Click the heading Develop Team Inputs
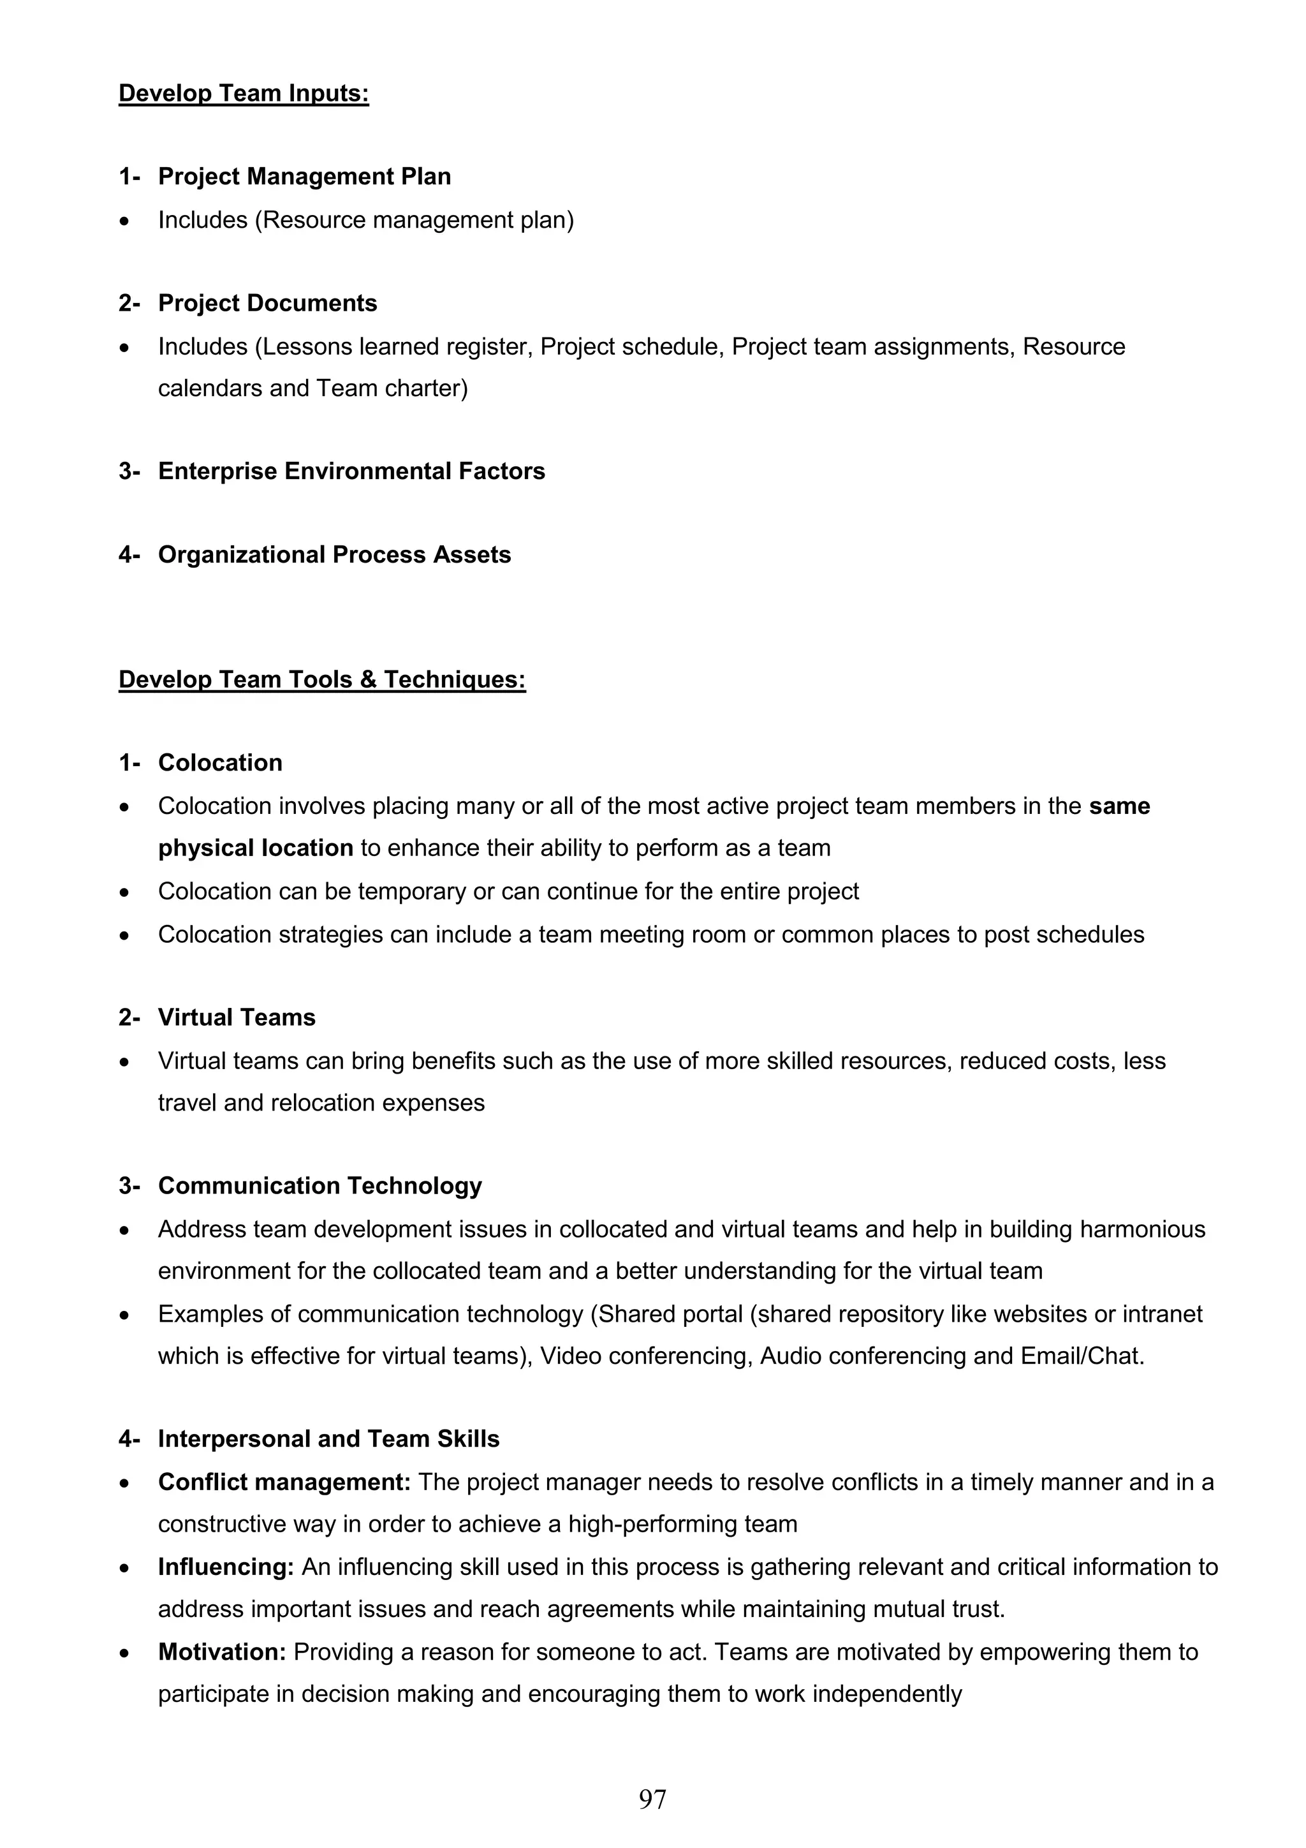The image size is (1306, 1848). click(x=243, y=93)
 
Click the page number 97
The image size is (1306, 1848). click(x=652, y=1799)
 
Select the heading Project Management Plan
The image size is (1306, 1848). click(x=304, y=176)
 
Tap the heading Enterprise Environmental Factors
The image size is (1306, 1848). click(x=351, y=471)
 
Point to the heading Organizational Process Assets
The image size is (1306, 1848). click(x=334, y=554)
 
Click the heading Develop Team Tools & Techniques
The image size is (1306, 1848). click(x=322, y=679)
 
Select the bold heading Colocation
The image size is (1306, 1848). click(x=219, y=762)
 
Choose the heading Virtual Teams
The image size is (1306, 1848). click(x=237, y=1017)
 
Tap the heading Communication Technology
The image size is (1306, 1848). click(x=319, y=1186)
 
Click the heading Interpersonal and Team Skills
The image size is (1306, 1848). click(x=328, y=1439)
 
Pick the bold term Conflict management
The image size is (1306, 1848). click(x=284, y=1482)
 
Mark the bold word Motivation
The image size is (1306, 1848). click(x=222, y=1652)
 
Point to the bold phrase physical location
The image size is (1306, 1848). click(x=255, y=848)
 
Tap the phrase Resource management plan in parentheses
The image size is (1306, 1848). click(x=415, y=219)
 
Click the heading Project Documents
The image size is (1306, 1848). click(x=267, y=304)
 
